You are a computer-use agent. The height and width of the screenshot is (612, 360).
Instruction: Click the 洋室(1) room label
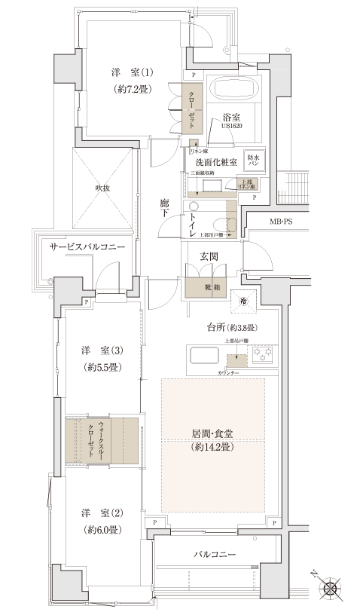point(133,73)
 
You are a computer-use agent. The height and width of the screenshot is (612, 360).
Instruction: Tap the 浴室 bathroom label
point(230,118)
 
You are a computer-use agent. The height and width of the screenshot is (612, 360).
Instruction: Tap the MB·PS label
point(285,222)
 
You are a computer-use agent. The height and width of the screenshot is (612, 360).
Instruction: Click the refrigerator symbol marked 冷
point(243,301)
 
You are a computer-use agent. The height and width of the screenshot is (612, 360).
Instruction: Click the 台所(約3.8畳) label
point(233,328)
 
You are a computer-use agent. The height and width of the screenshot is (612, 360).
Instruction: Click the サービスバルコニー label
point(86,247)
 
